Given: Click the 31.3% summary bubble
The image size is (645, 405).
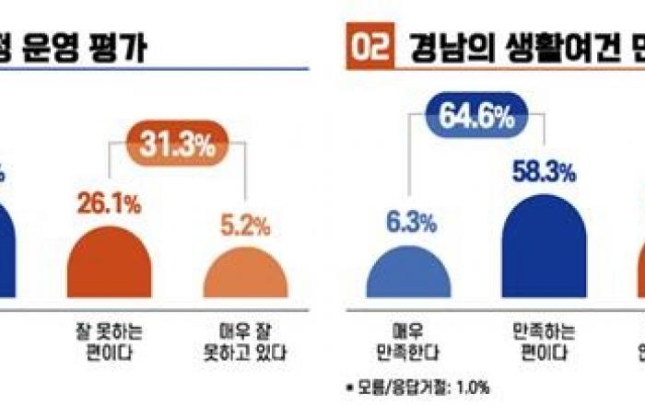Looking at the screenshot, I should (x=177, y=145).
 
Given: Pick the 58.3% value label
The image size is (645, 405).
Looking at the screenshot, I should (x=544, y=171).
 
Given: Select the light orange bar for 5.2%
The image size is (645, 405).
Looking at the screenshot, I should (x=244, y=273).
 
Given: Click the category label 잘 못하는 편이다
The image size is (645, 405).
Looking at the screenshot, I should (x=110, y=337).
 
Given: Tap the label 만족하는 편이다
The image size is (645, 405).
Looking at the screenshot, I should (x=544, y=337).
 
